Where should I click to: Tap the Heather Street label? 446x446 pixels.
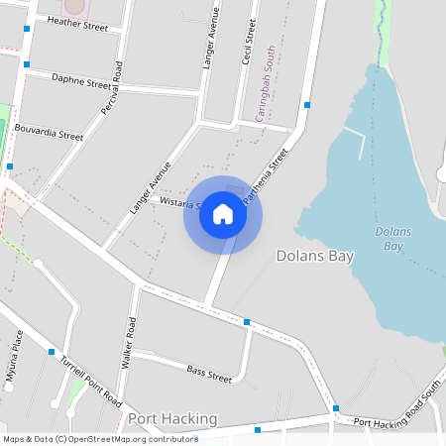[x=77, y=23]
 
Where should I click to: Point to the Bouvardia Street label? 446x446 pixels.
[x=49, y=134]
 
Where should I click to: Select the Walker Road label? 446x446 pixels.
[x=128, y=344]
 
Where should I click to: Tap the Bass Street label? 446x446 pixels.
[x=209, y=373]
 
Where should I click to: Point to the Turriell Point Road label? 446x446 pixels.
[x=89, y=381]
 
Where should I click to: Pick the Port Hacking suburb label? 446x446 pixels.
[x=171, y=419]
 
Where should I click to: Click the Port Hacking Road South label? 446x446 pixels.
[x=396, y=407]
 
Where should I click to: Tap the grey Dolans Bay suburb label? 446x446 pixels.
[x=314, y=256]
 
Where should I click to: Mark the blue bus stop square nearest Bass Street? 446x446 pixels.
[x=246, y=321]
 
